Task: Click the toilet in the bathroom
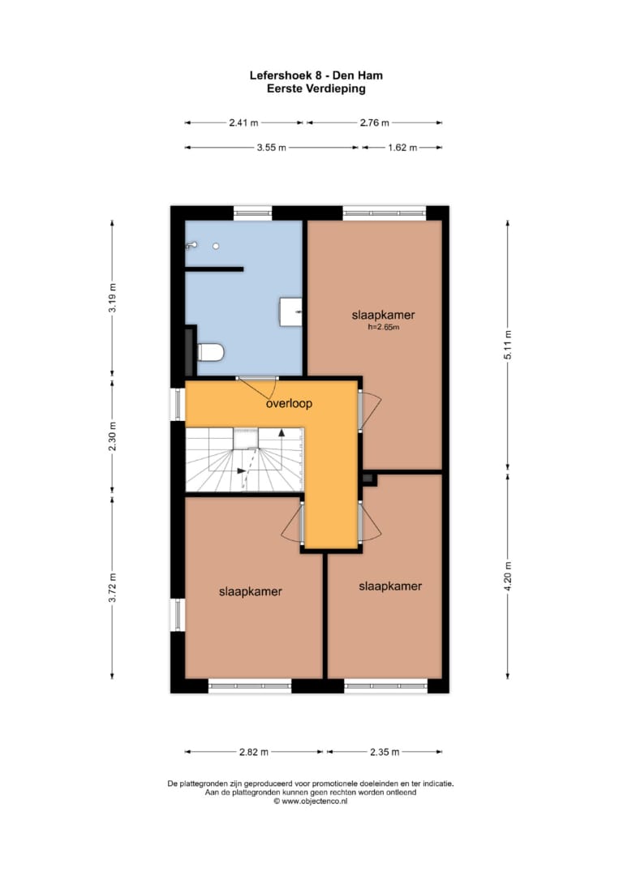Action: (x=211, y=352)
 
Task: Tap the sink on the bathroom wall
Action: (x=290, y=311)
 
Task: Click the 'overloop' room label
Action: (x=289, y=403)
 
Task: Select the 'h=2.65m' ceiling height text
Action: (x=383, y=328)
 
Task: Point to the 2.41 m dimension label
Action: (x=243, y=122)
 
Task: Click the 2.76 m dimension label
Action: (x=374, y=122)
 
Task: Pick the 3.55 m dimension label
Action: (x=272, y=148)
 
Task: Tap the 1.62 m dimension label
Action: (x=403, y=148)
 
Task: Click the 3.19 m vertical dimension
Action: (x=112, y=298)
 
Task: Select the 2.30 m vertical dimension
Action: (x=112, y=437)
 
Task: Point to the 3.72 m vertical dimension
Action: (x=112, y=588)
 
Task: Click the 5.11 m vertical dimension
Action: (x=508, y=346)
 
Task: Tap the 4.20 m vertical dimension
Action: (x=508, y=576)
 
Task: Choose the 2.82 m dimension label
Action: (x=254, y=752)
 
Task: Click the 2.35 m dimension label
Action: (x=385, y=752)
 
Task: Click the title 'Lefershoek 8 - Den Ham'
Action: (x=316, y=75)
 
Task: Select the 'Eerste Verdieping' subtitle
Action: (x=316, y=88)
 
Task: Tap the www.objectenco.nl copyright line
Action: (x=310, y=801)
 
